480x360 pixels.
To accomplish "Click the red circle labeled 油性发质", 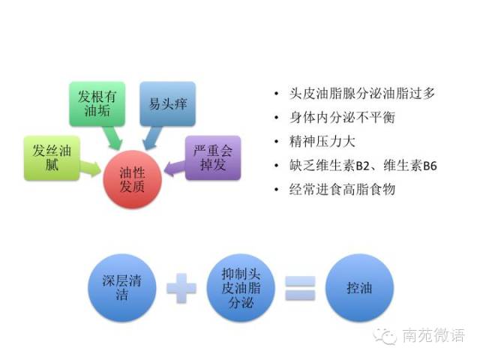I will point(133,178).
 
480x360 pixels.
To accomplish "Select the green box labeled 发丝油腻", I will point(49,157).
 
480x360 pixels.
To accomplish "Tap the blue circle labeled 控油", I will point(361,287).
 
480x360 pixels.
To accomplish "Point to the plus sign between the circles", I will point(181,288).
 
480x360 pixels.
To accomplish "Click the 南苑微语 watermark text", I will point(433,335).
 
